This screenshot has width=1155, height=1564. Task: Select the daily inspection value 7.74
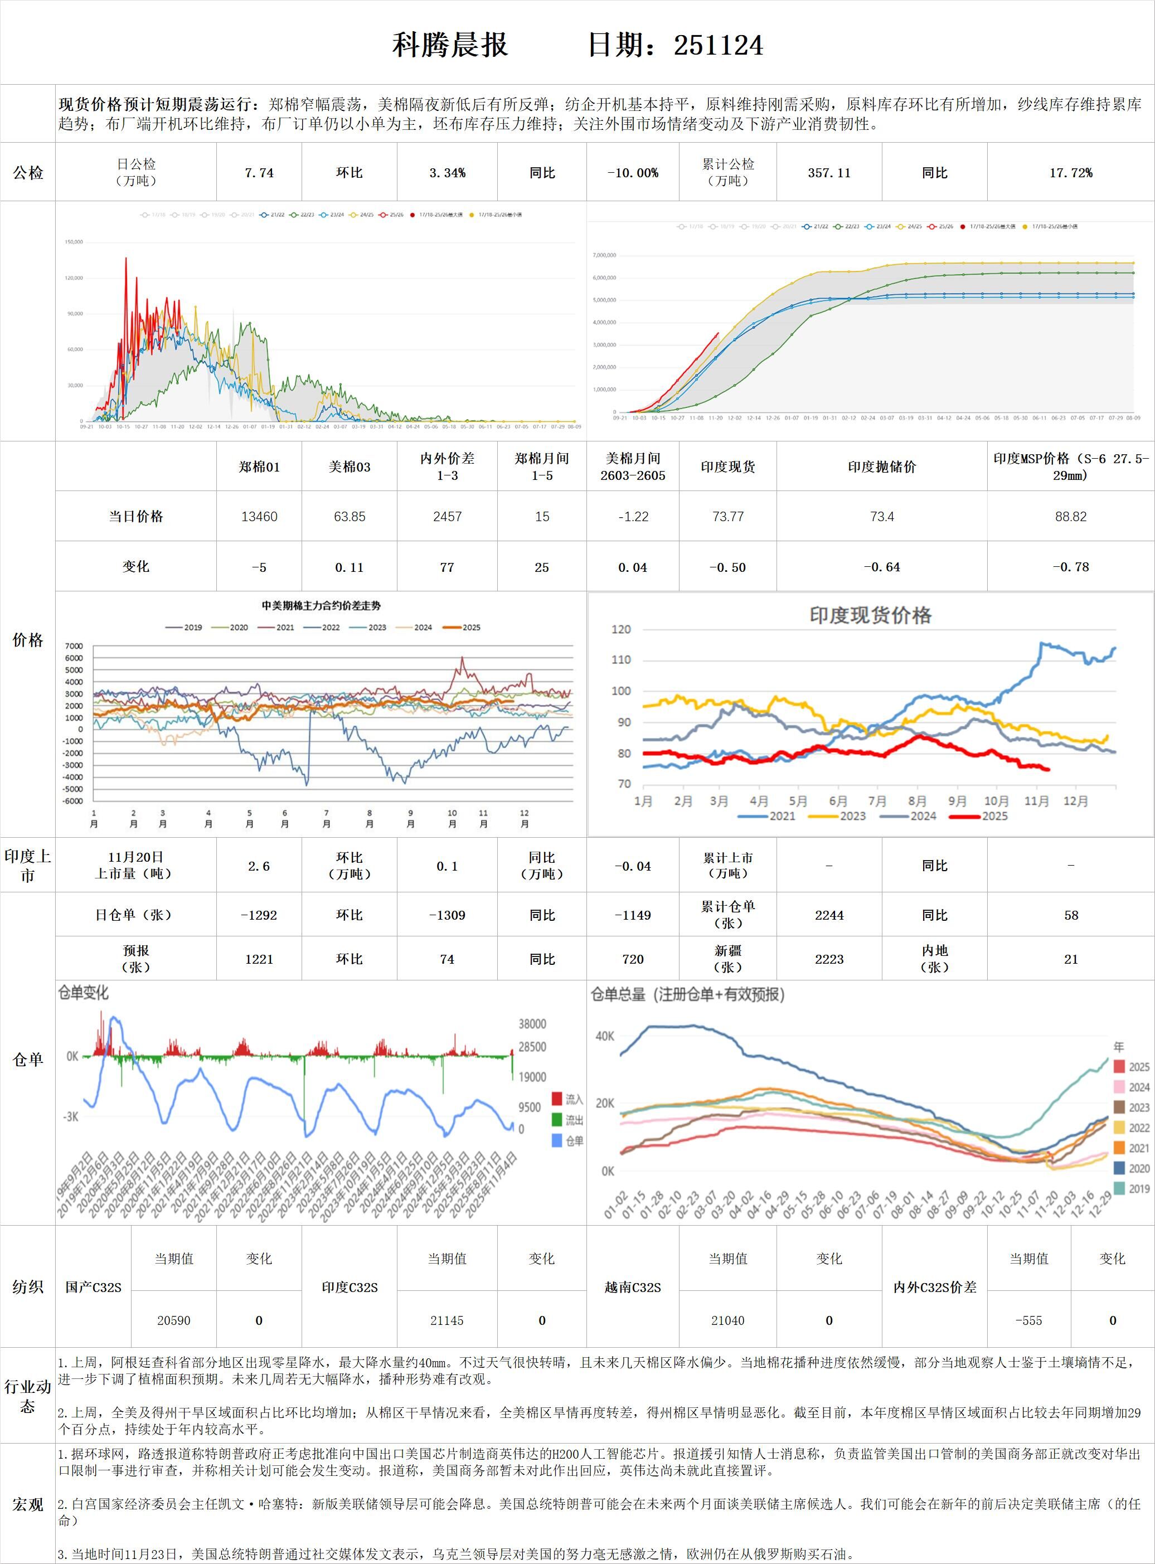[259, 173]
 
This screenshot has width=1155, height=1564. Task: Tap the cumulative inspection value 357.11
[829, 173]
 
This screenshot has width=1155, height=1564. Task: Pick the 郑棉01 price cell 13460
[259, 517]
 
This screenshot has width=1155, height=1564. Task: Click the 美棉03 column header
[349, 467]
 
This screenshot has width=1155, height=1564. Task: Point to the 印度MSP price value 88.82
[1070, 517]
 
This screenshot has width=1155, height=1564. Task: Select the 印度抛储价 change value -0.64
[882, 567]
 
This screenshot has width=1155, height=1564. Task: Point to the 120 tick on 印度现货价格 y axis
[621, 629]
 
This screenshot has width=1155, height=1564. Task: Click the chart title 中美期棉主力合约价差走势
[321, 605]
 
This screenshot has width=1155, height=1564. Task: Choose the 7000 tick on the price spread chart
[74, 646]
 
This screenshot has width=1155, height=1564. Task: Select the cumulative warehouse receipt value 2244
[829, 915]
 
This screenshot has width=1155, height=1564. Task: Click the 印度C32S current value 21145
[447, 1320]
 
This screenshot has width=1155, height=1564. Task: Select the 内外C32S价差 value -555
[1028, 1320]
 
